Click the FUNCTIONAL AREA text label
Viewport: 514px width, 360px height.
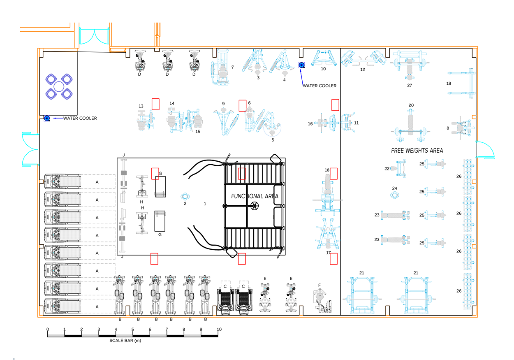(255, 196)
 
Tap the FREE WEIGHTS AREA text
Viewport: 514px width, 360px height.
(417, 151)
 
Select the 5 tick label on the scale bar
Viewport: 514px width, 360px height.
(133, 330)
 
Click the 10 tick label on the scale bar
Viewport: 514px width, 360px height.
(219, 330)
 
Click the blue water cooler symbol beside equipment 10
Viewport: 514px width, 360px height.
(301, 65)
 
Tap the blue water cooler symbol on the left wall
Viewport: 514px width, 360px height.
(47, 118)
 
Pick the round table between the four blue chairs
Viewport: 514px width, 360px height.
(59, 87)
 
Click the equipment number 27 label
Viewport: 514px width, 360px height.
(410, 86)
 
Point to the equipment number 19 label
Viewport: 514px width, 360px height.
(449, 84)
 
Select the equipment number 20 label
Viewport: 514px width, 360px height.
(411, 105)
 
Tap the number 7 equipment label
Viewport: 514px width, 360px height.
(232, 67)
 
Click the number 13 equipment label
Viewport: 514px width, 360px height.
(141, 106)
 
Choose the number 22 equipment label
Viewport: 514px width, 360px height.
(387, 168)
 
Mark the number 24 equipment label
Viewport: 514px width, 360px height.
(395, 188)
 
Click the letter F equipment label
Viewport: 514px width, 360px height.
(320, 285)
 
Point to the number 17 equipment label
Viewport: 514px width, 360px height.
(329, 253)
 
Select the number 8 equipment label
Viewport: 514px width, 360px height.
(448, 128)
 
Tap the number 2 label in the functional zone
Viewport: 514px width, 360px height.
(185, 204)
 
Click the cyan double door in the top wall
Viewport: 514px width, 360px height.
(92, 37)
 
